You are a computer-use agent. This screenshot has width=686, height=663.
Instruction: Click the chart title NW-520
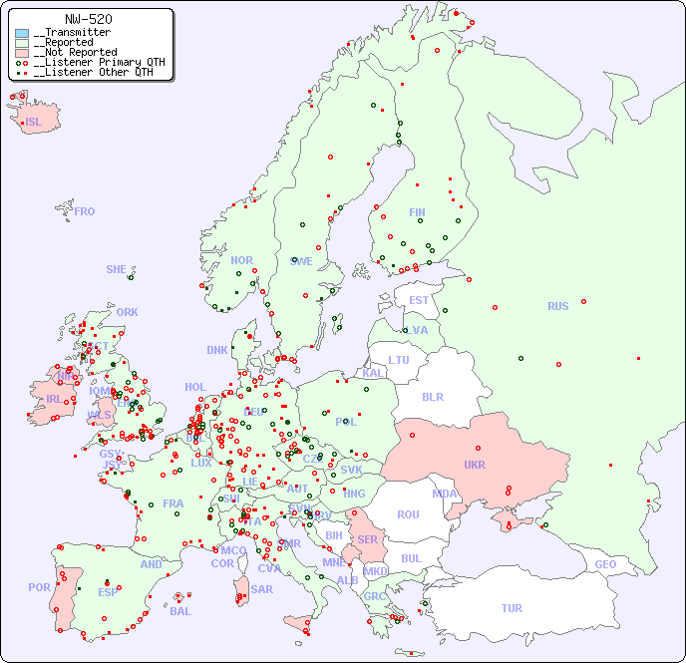tap(88, 19)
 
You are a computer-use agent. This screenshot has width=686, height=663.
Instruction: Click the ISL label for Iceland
tap(34, 123)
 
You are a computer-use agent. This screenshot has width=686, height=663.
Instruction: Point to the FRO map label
tap(85, 211)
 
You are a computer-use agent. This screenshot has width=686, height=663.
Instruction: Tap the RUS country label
tap(557, 306)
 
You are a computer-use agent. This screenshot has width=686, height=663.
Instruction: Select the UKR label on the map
tap(475, 465)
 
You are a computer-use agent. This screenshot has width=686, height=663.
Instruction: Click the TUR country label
tap(512, 608)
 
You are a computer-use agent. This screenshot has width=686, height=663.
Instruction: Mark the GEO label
tap(605, 564)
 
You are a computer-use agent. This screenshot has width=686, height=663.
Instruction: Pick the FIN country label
tap(417, 212)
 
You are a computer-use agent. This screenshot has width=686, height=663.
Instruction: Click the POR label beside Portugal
tap(39, 587)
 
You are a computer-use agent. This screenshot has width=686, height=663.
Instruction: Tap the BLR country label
tap(433, 396)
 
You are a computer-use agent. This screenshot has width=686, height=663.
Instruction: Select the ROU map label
tap(408, 514)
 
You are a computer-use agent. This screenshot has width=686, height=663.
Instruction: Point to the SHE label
tap(117, 269)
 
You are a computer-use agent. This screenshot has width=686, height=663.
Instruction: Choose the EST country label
tap(419, 300)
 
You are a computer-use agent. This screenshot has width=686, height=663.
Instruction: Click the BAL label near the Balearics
tap(180, 611)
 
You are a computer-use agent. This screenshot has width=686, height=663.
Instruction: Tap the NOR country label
tap(241, 260)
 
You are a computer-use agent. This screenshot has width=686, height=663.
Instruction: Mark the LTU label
tap(399, 360)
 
